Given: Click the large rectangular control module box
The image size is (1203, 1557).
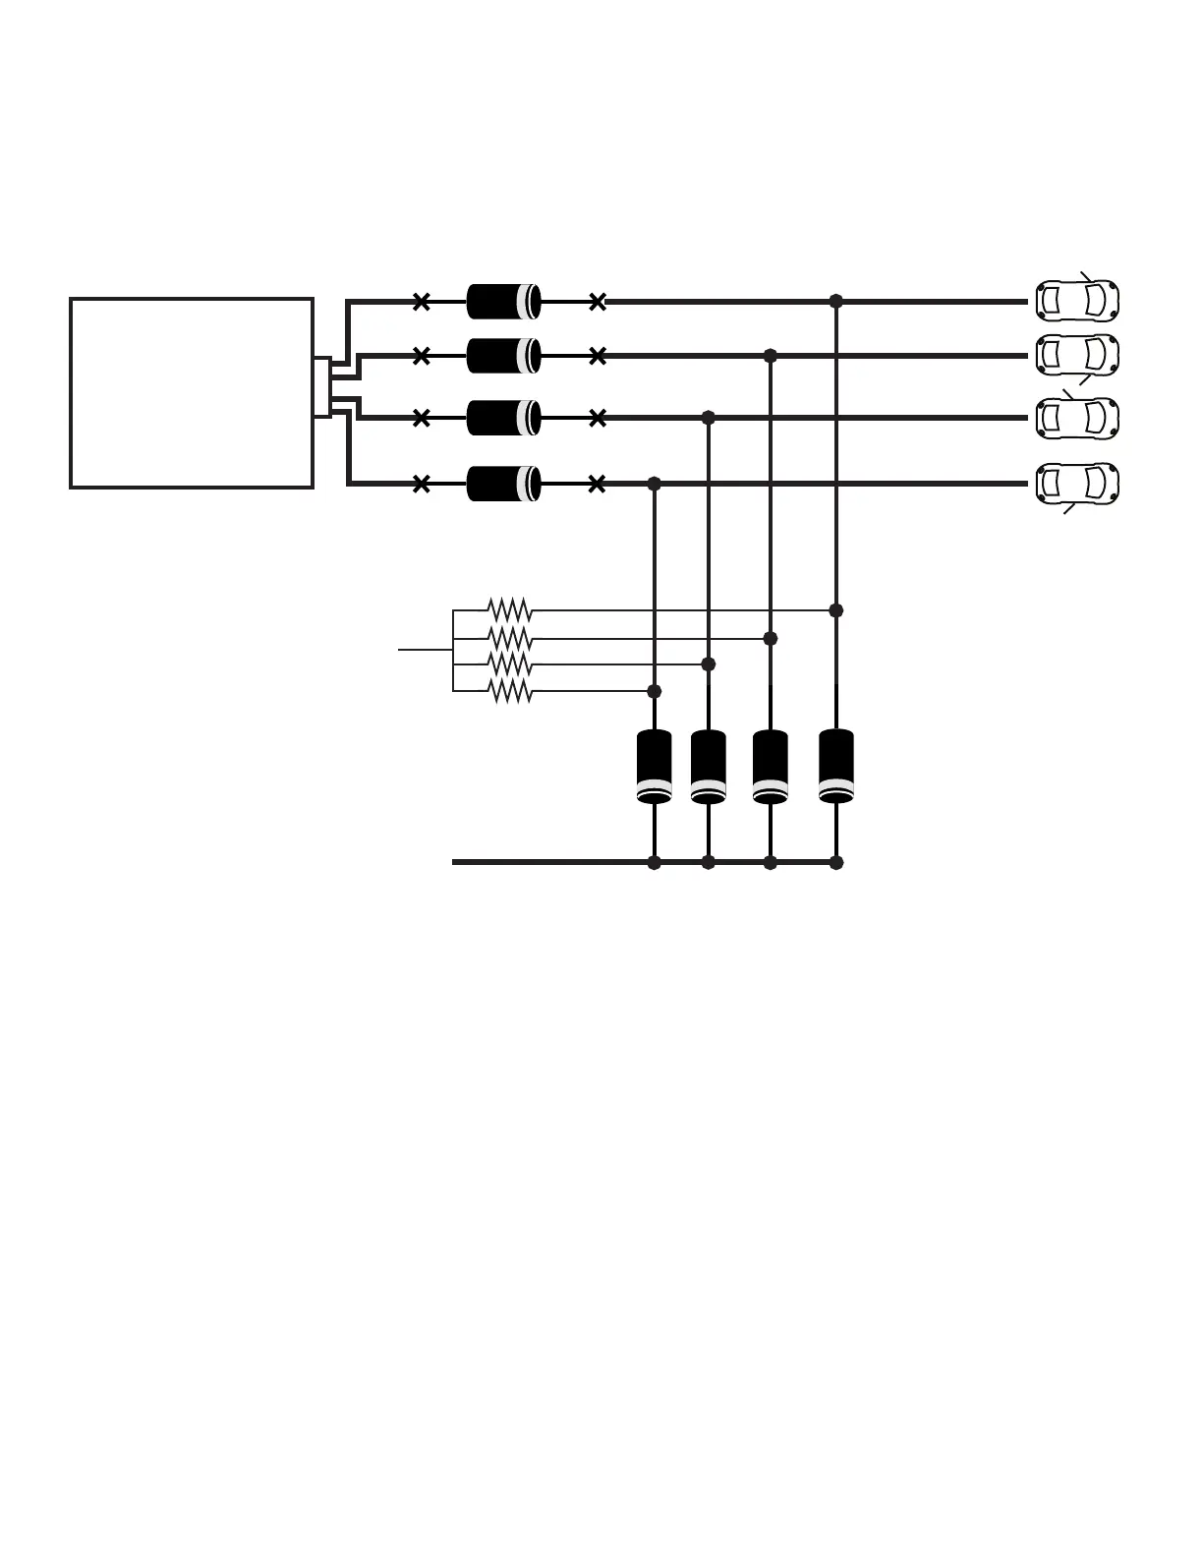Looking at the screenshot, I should tap(192, 392).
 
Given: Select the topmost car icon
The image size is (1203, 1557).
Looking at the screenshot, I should tap(1077, 301).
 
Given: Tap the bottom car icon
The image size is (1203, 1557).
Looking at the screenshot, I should tap(1077, 483).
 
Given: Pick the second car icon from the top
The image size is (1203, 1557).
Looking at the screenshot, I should tap(1077, 355).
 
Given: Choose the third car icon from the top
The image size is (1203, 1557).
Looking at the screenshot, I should tap(1077, 418).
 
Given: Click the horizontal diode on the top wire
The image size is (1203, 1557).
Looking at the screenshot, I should tap(503, 302).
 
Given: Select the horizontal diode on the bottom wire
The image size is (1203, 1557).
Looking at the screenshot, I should tap(503, 484).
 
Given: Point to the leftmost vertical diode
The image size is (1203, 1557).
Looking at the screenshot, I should tap(655, 766).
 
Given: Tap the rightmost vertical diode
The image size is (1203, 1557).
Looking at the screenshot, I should tap(836, 766).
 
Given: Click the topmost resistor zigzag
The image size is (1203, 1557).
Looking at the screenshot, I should tap(510, 610).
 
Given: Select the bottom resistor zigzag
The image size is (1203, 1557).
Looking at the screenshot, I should tap(510, 691).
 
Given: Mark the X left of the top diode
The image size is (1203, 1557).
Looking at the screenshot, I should tap(422, 302).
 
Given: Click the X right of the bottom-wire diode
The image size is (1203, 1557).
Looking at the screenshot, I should tap(597, 484).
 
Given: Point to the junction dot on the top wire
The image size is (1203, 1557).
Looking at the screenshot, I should tap(836, 301).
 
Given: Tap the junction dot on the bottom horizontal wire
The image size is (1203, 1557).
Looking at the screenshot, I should tap(655, 484).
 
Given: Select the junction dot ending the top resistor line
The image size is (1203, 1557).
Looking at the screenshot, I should tap(836, 610).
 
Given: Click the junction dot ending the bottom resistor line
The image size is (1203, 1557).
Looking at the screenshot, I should tap(655, 691).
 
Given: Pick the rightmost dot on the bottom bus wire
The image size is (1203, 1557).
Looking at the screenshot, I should tap(836, 863).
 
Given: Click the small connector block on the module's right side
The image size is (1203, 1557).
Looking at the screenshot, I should tap(321, 387).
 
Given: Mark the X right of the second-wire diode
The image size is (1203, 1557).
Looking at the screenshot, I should tap(597, 356).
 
